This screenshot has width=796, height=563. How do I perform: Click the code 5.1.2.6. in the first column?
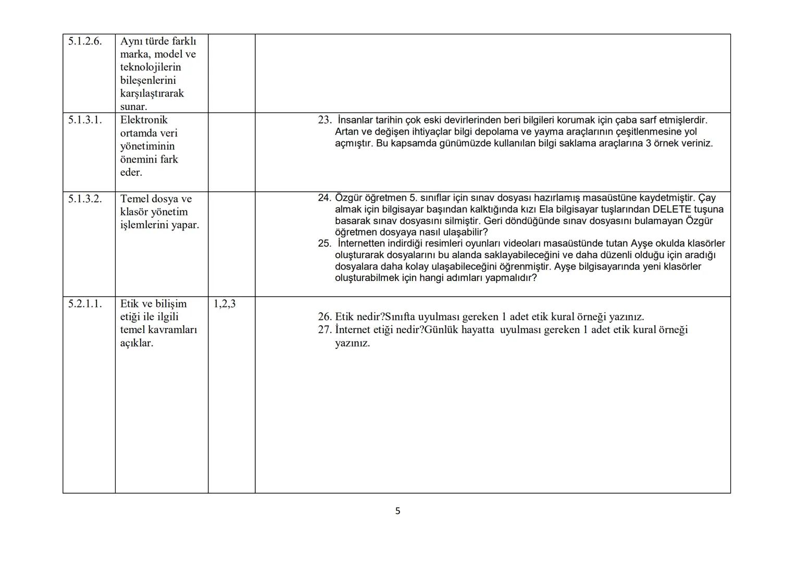[x=85, y=41]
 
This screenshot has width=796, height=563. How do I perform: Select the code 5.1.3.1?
[x=85, y=120]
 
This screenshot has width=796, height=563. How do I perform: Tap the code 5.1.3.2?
[x=85, y=199]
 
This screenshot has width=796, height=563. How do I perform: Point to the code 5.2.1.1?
[x=85, y=303]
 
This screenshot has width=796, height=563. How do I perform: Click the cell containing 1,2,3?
[x=225, y=303]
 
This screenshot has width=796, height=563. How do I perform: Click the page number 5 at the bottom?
[x=398, y=511]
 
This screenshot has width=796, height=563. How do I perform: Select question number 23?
[x=324, y=120]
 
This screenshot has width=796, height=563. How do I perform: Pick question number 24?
[x=324, y=198]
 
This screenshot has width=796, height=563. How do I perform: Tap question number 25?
[x=324, y=243]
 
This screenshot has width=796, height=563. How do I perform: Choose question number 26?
[x=324, y=316]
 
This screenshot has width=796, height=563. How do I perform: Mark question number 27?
[x=324, y=329]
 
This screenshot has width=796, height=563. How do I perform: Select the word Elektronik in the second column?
[x=144, y=120]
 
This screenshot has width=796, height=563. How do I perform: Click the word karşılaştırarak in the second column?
[x=152, y=93]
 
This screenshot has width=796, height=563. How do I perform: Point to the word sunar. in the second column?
[x=133, y=106]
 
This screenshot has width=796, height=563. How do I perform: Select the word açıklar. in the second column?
[x=136, y=342]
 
